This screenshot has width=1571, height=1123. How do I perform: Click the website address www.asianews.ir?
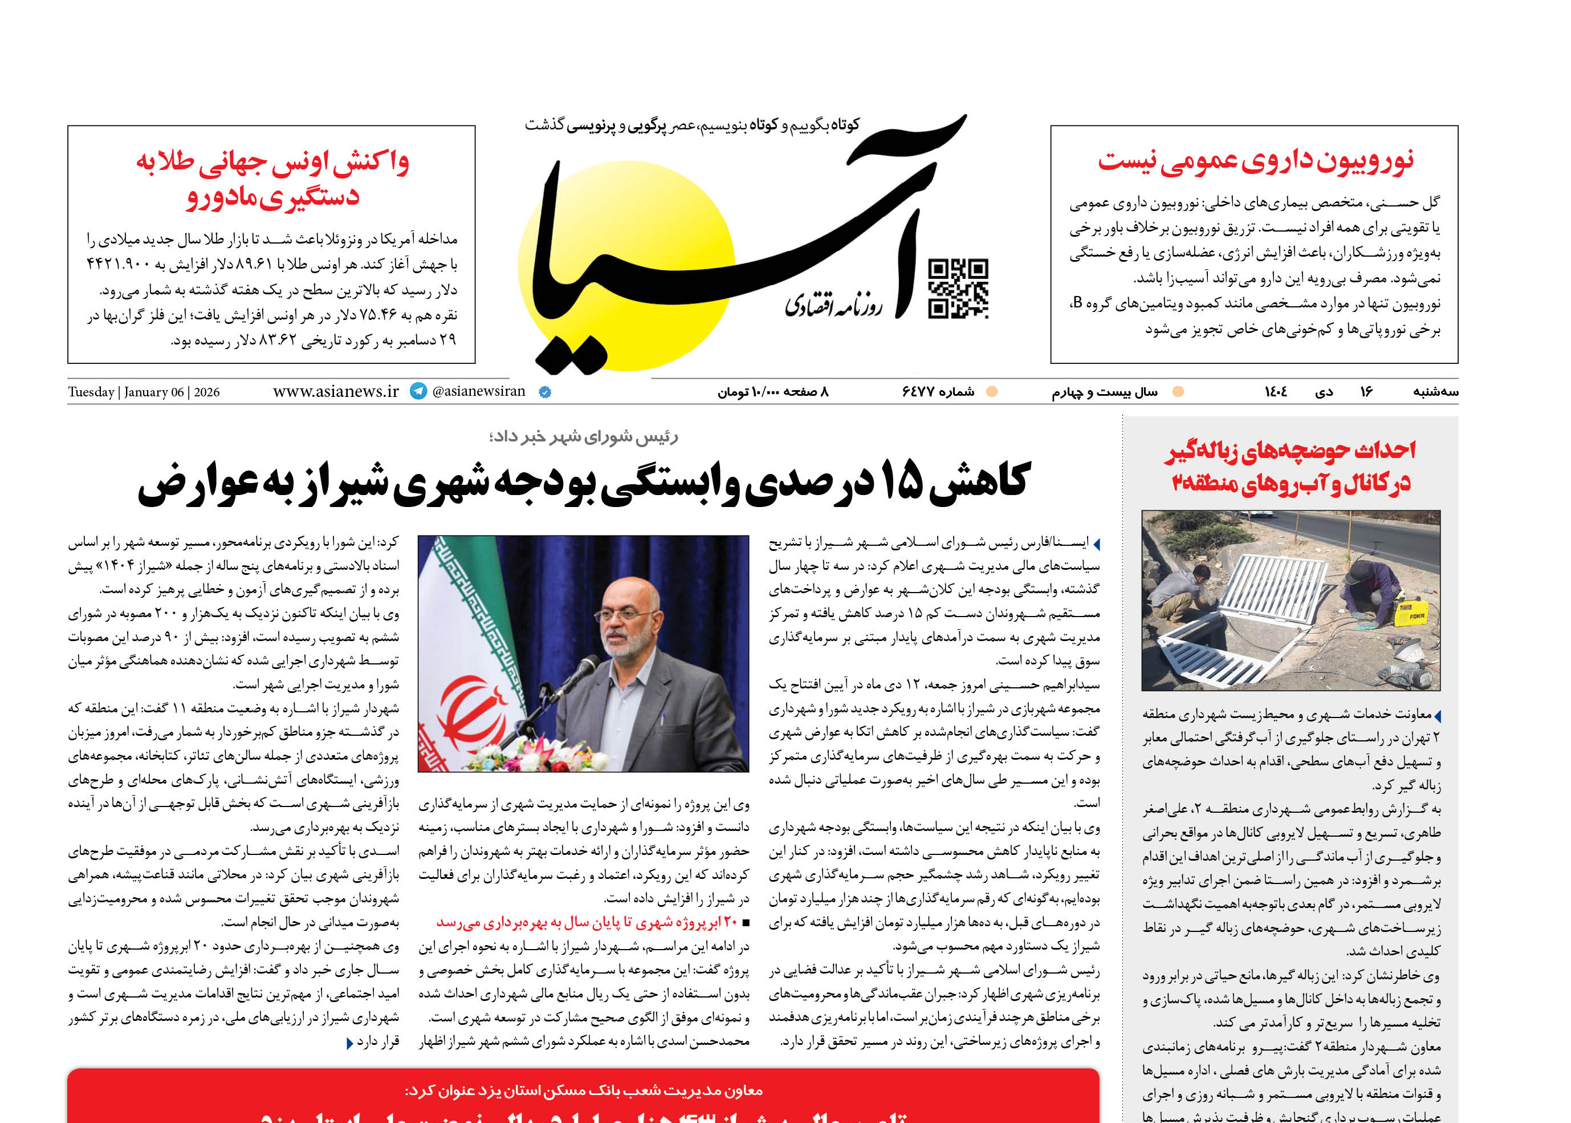coord(336,391)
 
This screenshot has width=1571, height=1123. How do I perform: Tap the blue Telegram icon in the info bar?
coord(418,391)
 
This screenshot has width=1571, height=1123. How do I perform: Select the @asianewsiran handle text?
coord(478,391)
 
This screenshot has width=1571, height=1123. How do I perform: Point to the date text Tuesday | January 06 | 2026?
coord(144,392)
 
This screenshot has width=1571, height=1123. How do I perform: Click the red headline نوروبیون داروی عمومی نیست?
coord(1255,160)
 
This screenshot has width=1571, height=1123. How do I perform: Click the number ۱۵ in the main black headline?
coord(901,482)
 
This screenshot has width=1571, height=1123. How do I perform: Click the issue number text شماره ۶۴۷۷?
coord(937,392)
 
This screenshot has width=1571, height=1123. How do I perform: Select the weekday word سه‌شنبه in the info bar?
coord(1435,392)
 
